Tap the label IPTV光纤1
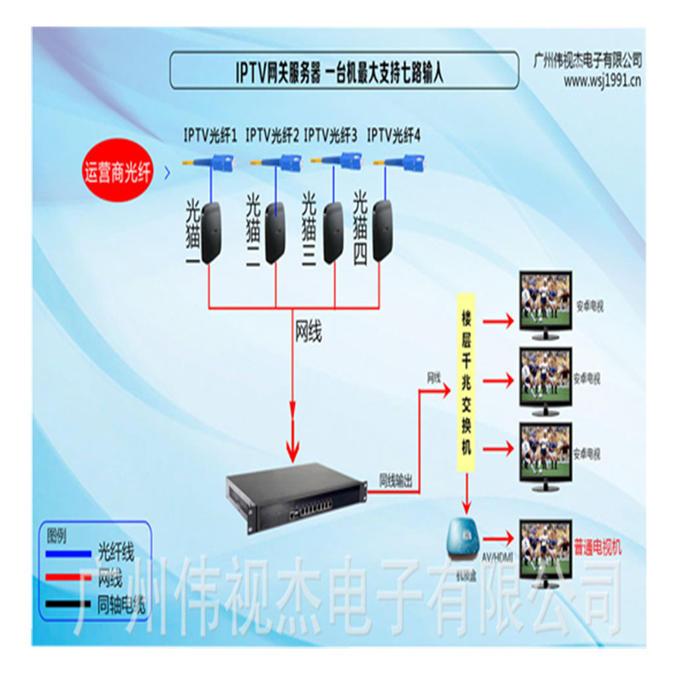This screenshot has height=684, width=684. click(210, 134)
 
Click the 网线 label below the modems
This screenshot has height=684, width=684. click(308, 331)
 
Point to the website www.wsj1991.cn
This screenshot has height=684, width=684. click(603, 81)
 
